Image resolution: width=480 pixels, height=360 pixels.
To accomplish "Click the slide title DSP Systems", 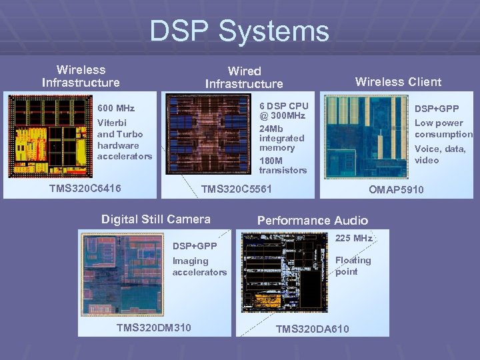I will click(239, 31).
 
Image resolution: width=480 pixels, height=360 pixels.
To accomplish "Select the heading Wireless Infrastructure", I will click(81, 76).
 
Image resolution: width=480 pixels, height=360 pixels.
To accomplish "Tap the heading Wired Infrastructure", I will click(244, 77).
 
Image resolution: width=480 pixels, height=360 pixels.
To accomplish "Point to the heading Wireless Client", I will click(398, 82).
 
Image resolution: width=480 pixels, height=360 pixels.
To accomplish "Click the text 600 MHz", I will click(116, 108).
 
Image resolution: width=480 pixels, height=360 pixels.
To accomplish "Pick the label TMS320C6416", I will click(85, 189).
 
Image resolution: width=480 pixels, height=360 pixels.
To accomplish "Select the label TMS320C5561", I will click(237, 189).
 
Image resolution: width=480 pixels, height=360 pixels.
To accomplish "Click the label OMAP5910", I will click(397, 190).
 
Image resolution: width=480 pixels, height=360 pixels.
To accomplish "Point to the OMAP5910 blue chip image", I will click(366, 136).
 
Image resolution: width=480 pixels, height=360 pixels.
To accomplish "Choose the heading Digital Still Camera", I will click(155, 219).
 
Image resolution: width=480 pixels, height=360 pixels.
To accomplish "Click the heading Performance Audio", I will click(313, 221).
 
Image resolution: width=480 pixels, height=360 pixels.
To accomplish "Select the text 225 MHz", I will click(353, 238).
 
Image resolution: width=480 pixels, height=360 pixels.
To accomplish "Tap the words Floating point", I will click(353, 266).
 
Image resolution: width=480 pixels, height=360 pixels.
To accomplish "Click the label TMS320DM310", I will click(153, 327).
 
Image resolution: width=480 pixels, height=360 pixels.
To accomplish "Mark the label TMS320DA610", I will click(312, 329).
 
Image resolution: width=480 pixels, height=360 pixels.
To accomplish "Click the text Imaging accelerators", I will click(199, 267).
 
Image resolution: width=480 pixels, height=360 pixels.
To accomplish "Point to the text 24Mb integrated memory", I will click(281, 138).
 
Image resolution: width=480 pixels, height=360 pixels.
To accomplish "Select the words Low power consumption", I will click(443, 129).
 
